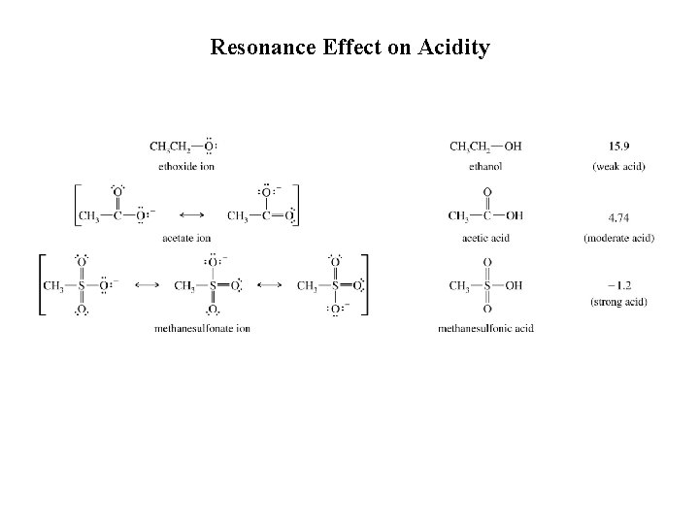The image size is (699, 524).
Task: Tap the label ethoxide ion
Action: click(x=186, y=166)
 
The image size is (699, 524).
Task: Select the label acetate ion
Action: click(x=187, y=238)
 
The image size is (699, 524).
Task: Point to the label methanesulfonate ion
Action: click(x=202, y=328)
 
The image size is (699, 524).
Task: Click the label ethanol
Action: click(x=485, y=166)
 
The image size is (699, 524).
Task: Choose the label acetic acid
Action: click(x=485, y=238)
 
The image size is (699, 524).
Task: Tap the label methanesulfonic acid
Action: click(x=485, y=328)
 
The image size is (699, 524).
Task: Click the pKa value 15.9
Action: click(x=617, y=147)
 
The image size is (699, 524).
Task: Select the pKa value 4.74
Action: click(x=617, y=216)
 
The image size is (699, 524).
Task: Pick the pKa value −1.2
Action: click(x=617, y=285)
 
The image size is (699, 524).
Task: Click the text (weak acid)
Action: click(x=618, y=166)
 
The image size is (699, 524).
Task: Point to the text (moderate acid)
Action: click(x=618, y=238)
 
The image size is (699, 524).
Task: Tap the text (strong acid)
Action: click(x=618, y=303)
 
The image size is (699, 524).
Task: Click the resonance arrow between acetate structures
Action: click(x=191, y=215)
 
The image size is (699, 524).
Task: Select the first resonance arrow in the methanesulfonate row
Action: click(x=147, y=285)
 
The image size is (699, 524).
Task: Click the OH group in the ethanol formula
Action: click(x=513, y=147)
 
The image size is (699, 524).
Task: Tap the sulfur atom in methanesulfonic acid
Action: click(x=486, y=285)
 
